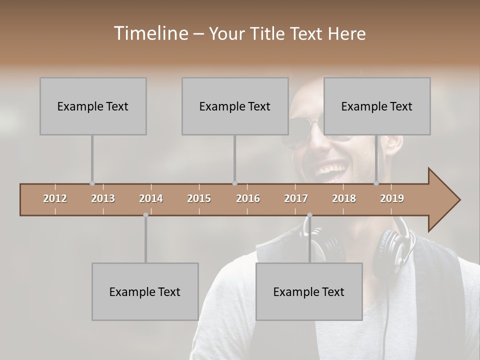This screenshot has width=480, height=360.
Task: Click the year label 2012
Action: coord(55,198)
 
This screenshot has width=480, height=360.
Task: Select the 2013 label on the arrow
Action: coord(103,198)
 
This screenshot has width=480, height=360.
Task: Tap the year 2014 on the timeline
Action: coord(151,198)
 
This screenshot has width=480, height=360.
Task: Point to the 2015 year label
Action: coord(199,198)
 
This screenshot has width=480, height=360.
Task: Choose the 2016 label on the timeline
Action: coord(248,198)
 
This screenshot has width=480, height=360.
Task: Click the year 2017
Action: coord(296,198)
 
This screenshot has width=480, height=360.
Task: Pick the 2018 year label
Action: coord(344,198)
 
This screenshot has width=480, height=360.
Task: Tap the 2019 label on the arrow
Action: coord(392,198)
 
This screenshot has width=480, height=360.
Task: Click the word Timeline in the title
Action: coord(150,33)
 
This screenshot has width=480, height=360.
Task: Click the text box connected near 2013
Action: coord(93,106)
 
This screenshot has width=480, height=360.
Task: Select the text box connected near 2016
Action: coord(235,106)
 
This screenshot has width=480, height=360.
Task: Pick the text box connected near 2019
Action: coord(377,106)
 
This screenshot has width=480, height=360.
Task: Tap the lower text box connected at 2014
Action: coord(145,291)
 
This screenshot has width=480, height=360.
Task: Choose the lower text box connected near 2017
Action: coord(309,291)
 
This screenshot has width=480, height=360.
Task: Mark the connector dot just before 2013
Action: coord(92,183)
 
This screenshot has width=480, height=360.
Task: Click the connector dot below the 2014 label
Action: coord(145,215)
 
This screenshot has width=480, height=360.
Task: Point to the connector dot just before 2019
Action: coord(376,183)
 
